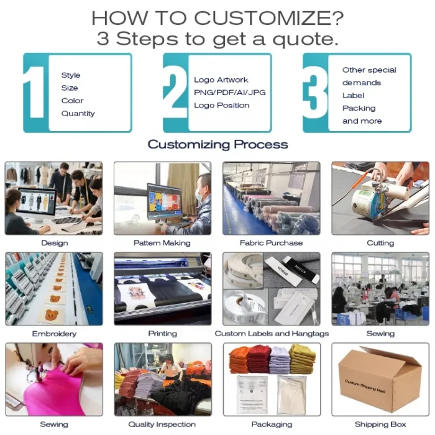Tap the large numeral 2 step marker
(x=175, y=92)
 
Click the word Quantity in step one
(x=78, y=114)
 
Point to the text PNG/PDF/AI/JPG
(x=230, y=93)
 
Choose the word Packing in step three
(x=359, y=108)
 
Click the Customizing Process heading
(x=217, y=145)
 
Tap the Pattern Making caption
(x=162, y=243)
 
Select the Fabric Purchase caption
(x=271, y=243)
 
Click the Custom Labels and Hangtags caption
(x=272, y=334)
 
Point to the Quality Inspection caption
(x=162, y=424)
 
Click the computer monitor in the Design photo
(x=36, y=204)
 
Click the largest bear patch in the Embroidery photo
(x=52, y=315)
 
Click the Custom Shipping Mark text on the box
(x=365, y=386)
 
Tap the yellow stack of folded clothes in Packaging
(x=303, y=359)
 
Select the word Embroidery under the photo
(x=55, y=334)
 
